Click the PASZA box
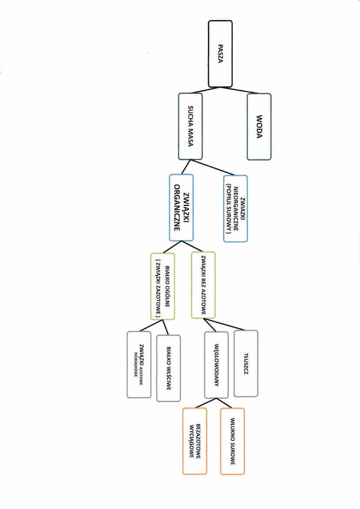pyautogui.click(x=220, y=54)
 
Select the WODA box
pyautogui.click(x=259, y=126)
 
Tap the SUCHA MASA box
pyautogui.click(x=190, y=126)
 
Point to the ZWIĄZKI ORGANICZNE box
pyautogui.click(x=181, y=208)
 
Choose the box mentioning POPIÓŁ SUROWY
pyautogui.click(x=235, y=208)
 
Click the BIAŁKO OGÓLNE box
pyautogui.click(x=163, y=286)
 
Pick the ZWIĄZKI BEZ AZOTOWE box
pyautogui.click(x=203, y=285)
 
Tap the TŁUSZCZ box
pyautogui.click(x=246, y=363)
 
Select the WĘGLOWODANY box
pyautogui.click(x=216, y=365)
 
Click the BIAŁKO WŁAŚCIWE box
pyautogui.click(x=168, y=368)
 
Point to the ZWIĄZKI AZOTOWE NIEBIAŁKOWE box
pyautogui.click(x=139, y=364)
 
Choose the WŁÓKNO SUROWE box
pyautogui.click(x=233, y=441)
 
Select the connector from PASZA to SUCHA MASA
pyautogui.click(x=204, y=90)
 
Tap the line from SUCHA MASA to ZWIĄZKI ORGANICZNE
pyautogui.click(x=187, y=167)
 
